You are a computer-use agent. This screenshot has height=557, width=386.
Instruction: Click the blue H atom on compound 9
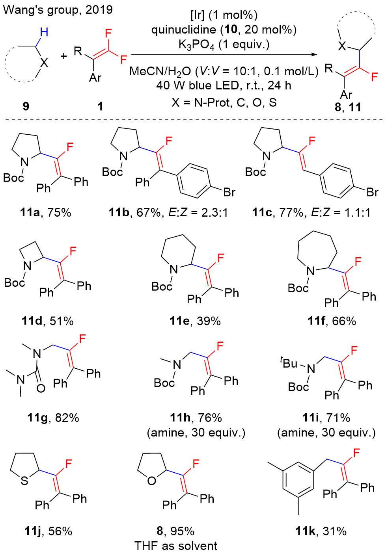point(44,32)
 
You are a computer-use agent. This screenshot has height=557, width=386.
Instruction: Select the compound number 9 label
point(26,106)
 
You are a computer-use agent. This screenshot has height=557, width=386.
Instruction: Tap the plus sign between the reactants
point(64,56)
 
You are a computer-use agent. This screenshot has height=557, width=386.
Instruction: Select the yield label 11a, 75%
point(46,213)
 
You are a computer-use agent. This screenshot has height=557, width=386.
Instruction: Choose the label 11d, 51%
point(48,321)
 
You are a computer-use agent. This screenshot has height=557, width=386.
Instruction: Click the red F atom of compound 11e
point(221,258)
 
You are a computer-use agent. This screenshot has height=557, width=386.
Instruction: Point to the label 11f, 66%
point(332,321)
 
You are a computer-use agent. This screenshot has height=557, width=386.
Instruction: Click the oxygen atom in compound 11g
point(41,388)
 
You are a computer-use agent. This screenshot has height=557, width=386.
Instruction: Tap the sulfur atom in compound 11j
point(25,480)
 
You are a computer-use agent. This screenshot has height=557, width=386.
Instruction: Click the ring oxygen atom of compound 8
point(151,481)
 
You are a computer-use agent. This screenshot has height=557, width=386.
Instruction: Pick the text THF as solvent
point(176,546)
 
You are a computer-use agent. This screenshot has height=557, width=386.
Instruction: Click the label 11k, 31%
point(321,531)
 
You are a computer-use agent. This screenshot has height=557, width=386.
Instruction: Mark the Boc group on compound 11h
point(164,383)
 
